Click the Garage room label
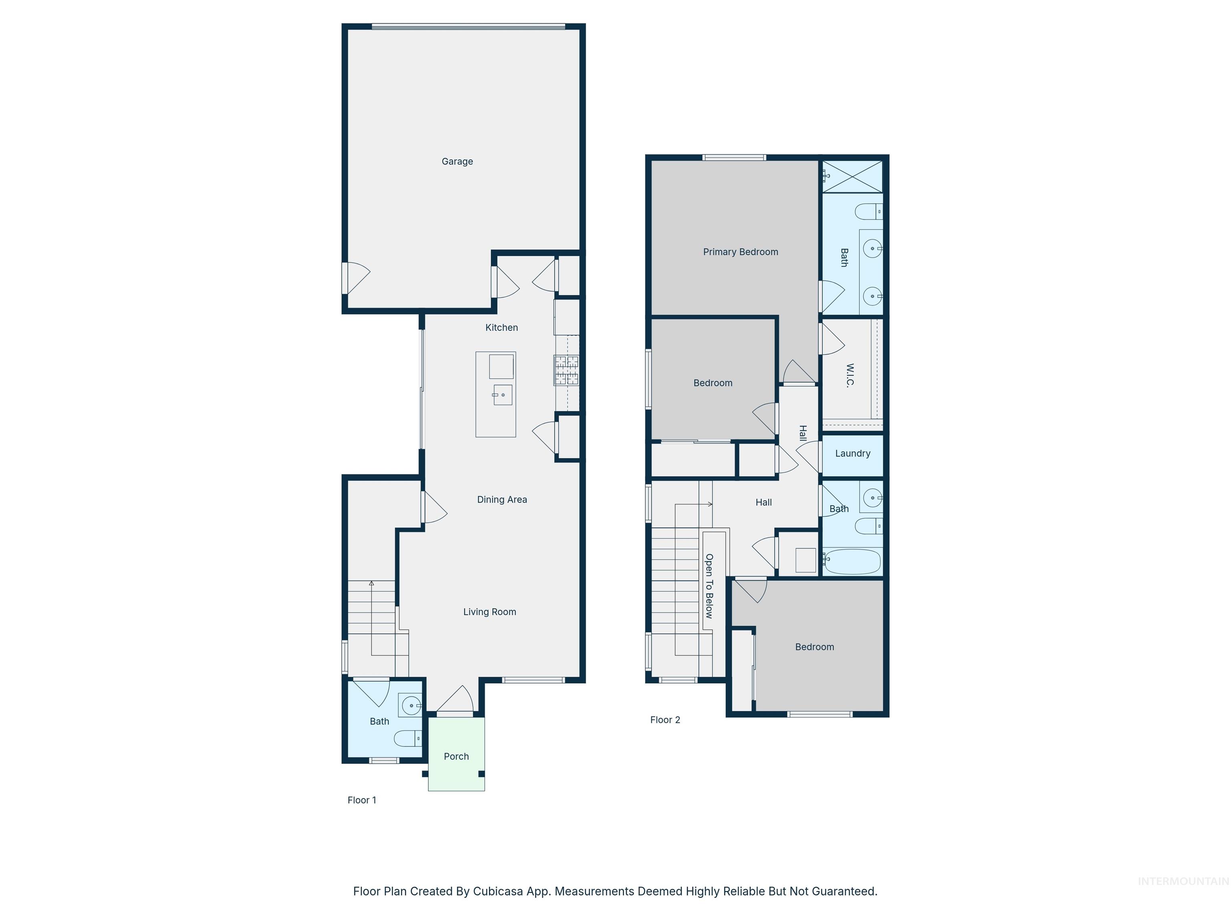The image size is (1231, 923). click(x=457, y=161)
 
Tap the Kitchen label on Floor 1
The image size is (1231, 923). click(x=501, y=328)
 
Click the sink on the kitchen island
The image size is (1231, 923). click(x=502, y=395)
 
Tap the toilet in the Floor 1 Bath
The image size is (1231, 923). click(x=408, y=739)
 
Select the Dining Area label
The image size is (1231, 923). click(x=501, y=500)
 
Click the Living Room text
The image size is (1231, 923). click(x=489, y=612)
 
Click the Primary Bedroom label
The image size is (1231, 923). click(x=740, y=252)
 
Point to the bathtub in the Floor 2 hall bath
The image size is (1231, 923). click(x=852, y=561)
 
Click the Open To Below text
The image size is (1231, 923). click(x=709, y=586)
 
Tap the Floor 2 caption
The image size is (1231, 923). click(x=665, y=720)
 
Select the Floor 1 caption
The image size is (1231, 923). click(x=362, y=800)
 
